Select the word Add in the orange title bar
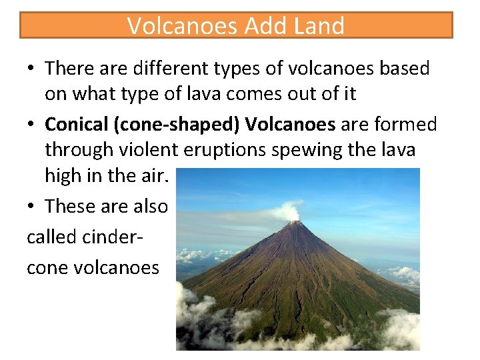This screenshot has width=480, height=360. (267, 26)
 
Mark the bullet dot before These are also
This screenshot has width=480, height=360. (31, 207)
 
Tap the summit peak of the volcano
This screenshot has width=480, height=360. (294, 224)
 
